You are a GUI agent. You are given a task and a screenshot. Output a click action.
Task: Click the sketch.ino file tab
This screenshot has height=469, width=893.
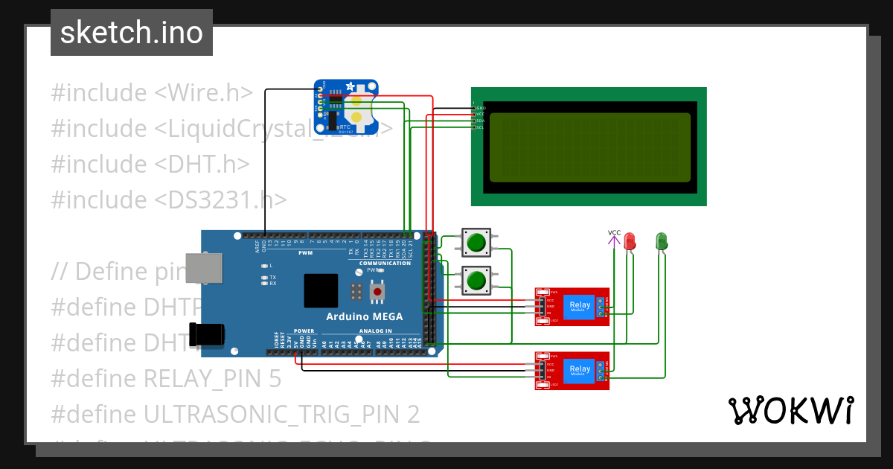pyautogui.click(x=131, y=33)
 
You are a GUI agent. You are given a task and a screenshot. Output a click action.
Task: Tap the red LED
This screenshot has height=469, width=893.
pyautogui.click(x=630, y=241)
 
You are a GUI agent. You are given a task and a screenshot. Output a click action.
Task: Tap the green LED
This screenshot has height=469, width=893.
pyautogui.click(x=661, y=241)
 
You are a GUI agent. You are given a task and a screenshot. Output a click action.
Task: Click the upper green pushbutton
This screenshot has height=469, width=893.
pyautogui.click(x=475, y=242)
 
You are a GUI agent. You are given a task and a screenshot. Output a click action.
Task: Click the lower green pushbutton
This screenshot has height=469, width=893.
pyautogui.click(x=475, y=280)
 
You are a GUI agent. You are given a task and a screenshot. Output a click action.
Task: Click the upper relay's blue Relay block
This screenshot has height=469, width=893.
pyautogui.click(x=579, y=306)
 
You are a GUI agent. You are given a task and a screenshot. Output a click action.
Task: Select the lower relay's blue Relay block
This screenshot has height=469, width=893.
pyautogui.click(x=579, y=370)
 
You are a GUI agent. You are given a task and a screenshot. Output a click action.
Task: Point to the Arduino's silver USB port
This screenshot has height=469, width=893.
pyautogui.click(x=202, y=268)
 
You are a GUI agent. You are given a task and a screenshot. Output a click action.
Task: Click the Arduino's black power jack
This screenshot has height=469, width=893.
pyautogui.click(x=207, y=334)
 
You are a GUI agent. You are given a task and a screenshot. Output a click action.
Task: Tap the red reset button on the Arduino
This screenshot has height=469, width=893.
pyautogui.click(x=377, y=293)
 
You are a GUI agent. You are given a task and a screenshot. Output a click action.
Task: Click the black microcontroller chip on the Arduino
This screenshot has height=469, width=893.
pyautogui.click(x=321, y=290)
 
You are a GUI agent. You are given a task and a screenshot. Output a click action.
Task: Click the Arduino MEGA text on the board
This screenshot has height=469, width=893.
pyautogui.click(x=365, y=316)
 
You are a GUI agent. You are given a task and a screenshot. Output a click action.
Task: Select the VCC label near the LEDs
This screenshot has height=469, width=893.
pyautogui.click(x=614, y=233)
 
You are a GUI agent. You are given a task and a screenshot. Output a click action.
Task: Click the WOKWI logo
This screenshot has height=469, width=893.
pyautogui.click(x=790, y=410)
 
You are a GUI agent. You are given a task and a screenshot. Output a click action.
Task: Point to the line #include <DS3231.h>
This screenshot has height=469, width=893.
pyautogui.click(x=169, y=200)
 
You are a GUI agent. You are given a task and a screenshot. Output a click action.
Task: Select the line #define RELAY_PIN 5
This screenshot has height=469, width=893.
pyautogui.click(x=166, y=379)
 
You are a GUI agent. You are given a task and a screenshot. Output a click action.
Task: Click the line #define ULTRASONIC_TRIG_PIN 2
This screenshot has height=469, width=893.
pyautogui.click(x=235, y=414)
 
